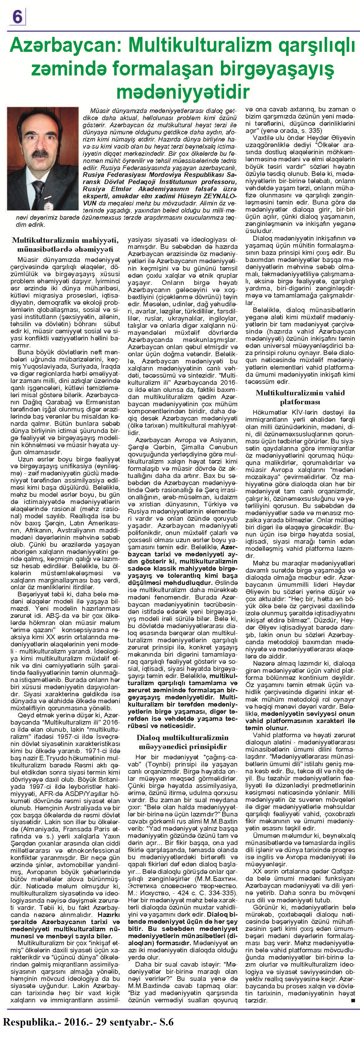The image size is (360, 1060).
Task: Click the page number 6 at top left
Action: point(17,17)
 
